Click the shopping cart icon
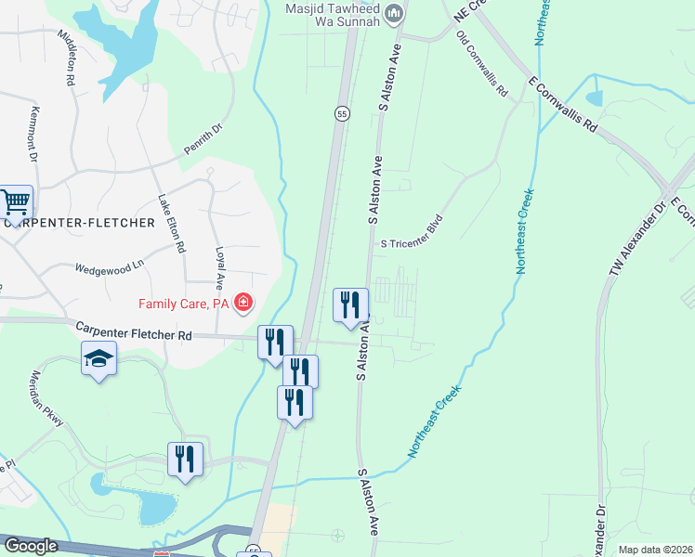coord(15,201)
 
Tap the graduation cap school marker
coord(98,358)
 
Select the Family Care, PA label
coord(183,303)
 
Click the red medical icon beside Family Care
coord(243,302)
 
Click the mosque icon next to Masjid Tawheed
coord(395,12)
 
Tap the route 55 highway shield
coord(343,113)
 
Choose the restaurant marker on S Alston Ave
coord(351,304)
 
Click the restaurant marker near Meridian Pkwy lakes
coord(185,459)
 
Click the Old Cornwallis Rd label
coord(481,64)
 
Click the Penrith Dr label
coord(205,140)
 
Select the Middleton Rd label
coord(66,57)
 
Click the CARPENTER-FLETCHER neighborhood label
coord(79,223)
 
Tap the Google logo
coord(30,546)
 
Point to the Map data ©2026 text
coord(654,550)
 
